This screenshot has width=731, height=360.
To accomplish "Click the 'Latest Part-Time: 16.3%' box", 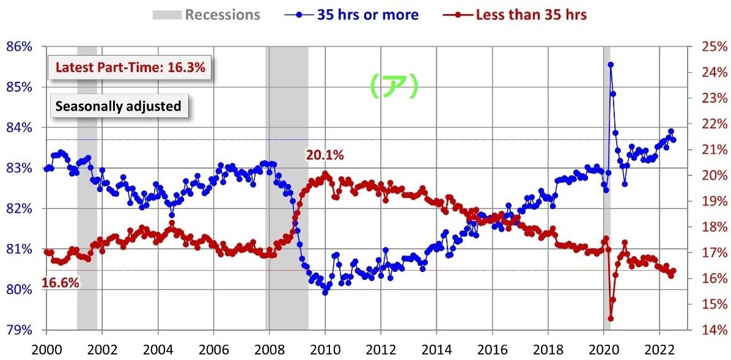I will [130, 68].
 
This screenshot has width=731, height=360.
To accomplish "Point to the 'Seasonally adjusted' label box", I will [119, 106].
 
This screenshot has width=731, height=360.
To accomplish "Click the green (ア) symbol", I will [394, 86].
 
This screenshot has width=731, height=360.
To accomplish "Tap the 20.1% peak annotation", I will [325, 155].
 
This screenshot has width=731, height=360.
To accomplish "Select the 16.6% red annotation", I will [61, 283].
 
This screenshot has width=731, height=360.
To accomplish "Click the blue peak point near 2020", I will [610, 64].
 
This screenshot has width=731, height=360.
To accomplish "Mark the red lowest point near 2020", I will [610, 318].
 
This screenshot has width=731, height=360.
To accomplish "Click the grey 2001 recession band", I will [87, 183].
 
